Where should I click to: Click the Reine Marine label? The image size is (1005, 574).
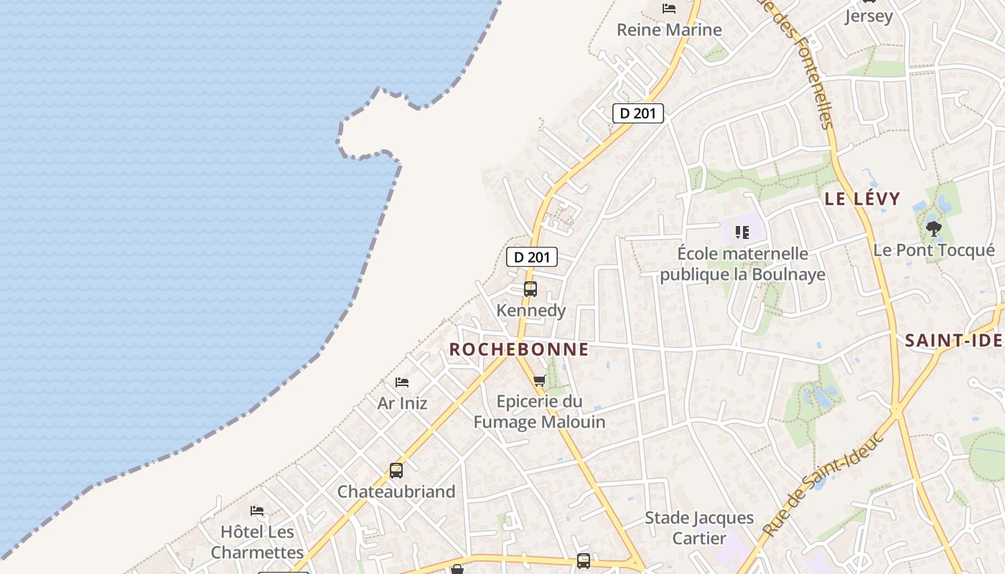click(669, 29)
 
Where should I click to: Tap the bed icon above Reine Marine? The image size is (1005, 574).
click(669, 9)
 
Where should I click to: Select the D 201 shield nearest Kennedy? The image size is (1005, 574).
click(532, 257)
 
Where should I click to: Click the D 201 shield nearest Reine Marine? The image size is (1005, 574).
click(637, 113)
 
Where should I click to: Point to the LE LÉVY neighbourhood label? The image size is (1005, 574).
click(862, 199)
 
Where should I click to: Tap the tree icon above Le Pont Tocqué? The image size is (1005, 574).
click(933, 229)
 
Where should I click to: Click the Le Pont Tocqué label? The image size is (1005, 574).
click(934, 250)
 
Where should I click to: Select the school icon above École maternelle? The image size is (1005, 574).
click(742, 232)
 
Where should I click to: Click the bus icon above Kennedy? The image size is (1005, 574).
click(530, 289)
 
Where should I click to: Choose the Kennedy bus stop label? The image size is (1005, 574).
click(531, 311)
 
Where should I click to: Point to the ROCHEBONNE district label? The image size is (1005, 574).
click(519, 349)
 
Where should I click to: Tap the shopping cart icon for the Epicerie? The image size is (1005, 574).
click(539, 380)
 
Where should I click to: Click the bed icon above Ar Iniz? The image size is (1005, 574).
click(402, 382)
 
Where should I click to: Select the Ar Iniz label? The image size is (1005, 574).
click(402, 403)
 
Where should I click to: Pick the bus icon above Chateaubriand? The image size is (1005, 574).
click(396, 471)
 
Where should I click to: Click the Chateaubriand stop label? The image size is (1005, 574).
click(396, 491)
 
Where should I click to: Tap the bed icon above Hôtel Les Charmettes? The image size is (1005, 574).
click(257, 511)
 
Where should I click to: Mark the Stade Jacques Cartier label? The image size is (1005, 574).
click(699, 527)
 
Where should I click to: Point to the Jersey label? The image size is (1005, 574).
click(869, 16)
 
